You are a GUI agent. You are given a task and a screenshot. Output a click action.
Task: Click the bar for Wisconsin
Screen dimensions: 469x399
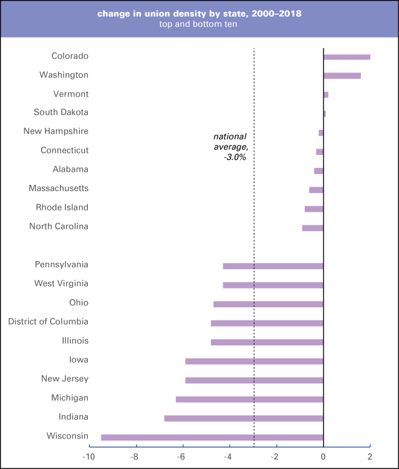click(x=212, y=437)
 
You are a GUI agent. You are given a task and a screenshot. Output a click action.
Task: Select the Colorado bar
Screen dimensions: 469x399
click(x=347, y=57)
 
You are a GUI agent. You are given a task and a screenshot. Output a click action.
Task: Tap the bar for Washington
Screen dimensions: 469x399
click(x=342, y=76)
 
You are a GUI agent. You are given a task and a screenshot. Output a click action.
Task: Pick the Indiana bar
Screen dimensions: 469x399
click(x=244, y=418)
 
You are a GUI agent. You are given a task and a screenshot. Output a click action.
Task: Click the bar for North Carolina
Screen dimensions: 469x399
click(x=312, y=228)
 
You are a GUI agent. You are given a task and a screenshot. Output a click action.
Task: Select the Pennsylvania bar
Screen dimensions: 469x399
click(x=273, y=266)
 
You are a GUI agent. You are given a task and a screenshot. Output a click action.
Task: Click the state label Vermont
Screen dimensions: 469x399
click(x=70, y=94)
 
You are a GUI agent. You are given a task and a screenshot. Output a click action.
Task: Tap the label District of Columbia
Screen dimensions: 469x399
click(x=48, y=322)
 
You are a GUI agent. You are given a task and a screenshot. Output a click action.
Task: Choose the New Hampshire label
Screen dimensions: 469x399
click(x=55, y=131)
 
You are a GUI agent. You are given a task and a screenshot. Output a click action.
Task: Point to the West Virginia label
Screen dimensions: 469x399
click(x=61, y=284)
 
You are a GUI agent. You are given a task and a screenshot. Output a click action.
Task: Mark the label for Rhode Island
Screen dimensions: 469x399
click(x=62, y=207)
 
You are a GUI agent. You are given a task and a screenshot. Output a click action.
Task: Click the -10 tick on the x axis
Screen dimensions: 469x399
click(x=89, y=457)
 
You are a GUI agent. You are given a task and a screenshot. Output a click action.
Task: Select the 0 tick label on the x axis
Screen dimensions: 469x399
click(x=323, y=457)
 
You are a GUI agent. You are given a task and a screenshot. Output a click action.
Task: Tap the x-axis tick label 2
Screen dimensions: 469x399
click(x=370, y=457)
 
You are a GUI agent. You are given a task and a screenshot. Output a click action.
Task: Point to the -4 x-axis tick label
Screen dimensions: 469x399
click(x=228, y=457)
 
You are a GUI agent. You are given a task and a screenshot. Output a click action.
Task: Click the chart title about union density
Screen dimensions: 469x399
click(x=199, y=14)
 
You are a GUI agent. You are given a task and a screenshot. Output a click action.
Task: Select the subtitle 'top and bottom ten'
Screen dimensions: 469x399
click(x=199, y=26)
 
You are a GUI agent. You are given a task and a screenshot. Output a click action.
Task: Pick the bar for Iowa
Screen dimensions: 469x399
click(x=254, y=361)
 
